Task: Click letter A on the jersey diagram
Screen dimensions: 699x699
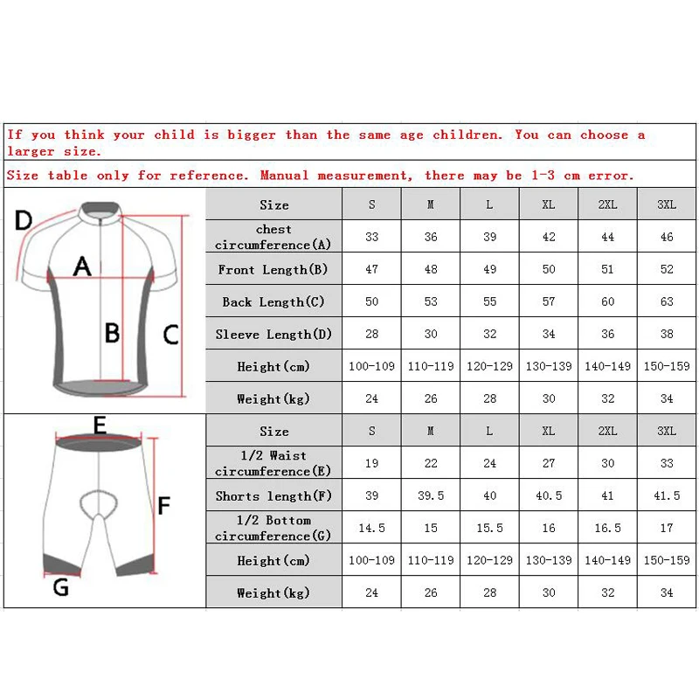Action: [82, 266]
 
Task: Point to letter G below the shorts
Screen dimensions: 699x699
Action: [60, 586]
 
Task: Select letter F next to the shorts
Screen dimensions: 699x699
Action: [163, 504]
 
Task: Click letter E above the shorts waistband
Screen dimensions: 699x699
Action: [100, 426]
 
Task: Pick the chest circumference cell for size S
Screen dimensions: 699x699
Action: [371, 237]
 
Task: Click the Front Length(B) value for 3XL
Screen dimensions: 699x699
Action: [667, 269]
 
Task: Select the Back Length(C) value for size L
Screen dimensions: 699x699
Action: [489, 301]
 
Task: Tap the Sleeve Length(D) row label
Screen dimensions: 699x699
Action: [273, 334]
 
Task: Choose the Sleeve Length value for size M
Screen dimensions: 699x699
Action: [431, 334]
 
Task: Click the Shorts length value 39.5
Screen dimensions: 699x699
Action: [431, 495]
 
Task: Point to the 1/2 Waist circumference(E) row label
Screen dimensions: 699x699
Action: [273, 463]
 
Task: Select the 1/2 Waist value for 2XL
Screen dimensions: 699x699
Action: [607, 463]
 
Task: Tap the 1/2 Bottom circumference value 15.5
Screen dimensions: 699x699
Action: [489, 528]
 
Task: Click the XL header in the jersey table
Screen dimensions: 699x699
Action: [549, 204]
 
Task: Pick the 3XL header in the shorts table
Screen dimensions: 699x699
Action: [667, 431]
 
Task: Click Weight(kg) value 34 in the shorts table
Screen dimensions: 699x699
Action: [667, 592]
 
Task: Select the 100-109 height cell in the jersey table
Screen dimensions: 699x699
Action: [371, 366]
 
